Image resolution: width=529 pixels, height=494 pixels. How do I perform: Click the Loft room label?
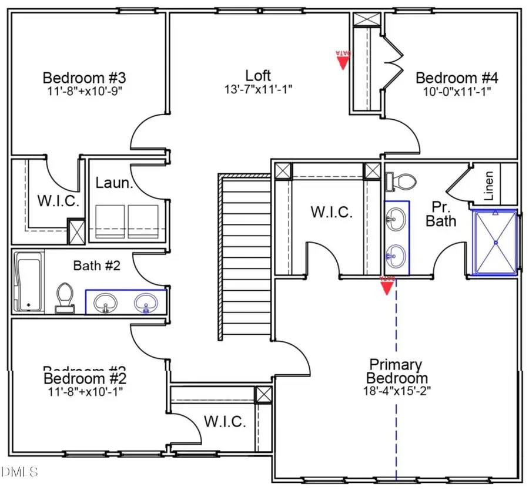(x=258, y=75)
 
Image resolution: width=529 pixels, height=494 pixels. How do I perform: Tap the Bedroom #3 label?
(x=85, y=78)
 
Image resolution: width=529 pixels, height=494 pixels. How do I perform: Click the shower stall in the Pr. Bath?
(x=495, y=242)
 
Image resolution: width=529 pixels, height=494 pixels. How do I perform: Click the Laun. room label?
(x=112, y=183)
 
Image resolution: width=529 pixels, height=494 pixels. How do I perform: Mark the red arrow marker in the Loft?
(x=343, y=61)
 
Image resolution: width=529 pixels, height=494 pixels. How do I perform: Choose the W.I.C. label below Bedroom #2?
(x=226, y=421)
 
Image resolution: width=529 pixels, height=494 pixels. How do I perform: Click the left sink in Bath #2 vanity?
(x=106, y=303)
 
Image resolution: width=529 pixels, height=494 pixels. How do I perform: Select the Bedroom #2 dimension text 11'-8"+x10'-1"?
(x=84, y=390)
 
